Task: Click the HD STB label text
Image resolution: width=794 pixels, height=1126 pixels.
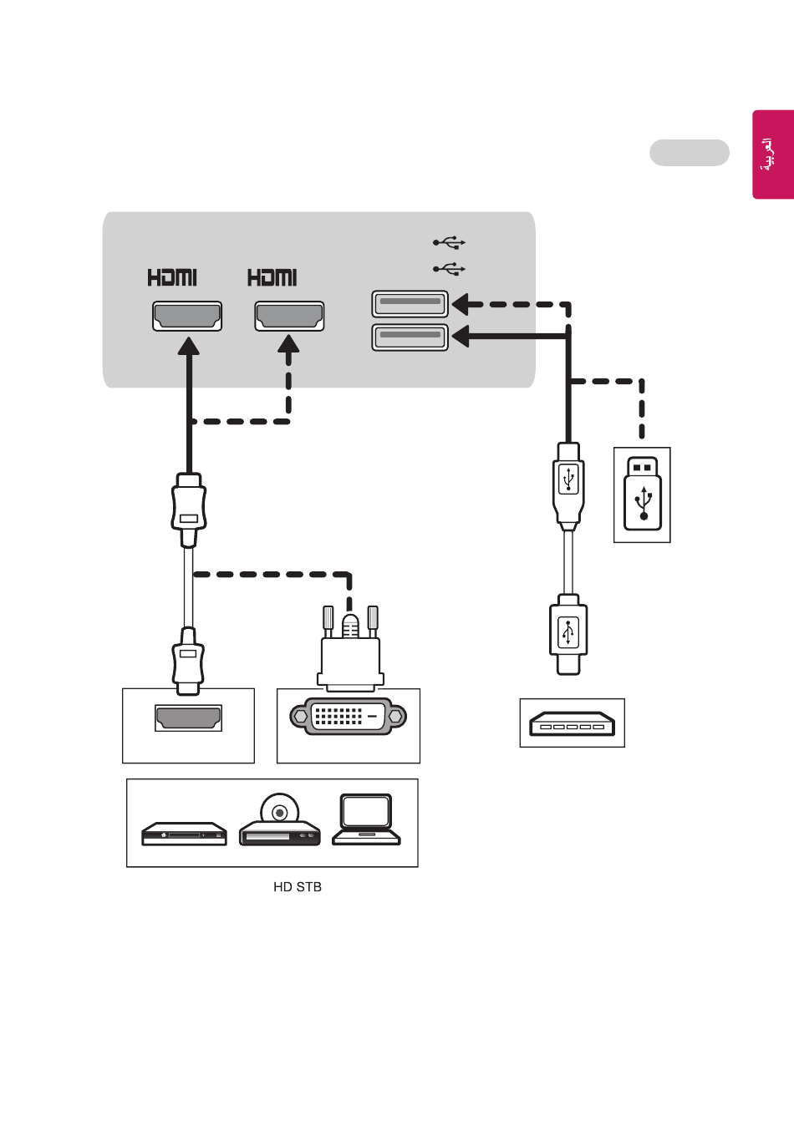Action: [298, 887]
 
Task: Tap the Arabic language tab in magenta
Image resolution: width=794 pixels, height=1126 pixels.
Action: [773, 155]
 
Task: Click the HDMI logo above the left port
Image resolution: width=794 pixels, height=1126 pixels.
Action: [172, 277]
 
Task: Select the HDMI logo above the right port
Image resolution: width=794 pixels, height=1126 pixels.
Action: [272, 277]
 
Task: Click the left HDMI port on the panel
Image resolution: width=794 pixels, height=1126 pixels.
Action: [187, 317]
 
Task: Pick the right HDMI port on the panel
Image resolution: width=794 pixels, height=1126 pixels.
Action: [289, 317]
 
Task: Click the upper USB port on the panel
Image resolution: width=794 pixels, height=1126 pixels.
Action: [410, 304]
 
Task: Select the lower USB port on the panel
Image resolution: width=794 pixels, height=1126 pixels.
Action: [410, 337]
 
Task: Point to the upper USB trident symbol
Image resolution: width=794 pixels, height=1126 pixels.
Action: [449, 242]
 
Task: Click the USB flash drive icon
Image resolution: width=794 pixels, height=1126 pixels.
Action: [642, 494]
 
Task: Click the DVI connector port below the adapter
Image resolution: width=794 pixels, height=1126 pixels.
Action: [348, 716]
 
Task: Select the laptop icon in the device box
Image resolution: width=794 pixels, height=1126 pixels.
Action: [366, 820]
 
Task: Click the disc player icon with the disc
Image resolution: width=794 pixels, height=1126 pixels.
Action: [280, 820]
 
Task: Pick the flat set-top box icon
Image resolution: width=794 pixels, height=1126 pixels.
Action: [184, 834]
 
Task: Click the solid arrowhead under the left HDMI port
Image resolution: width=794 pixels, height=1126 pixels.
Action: [189, 346]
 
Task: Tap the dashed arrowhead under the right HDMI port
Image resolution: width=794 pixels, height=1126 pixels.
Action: [288, 344]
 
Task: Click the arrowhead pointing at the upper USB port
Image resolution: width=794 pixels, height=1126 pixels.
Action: [461, 304]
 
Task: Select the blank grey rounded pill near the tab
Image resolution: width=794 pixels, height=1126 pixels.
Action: [690, 152]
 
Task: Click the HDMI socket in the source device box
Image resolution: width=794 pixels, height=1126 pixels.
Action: [188, 718]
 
